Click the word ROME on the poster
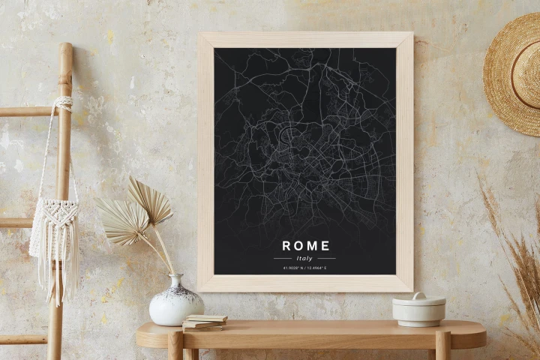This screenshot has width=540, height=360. [305, 245]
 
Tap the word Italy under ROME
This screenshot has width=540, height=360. [305, 258]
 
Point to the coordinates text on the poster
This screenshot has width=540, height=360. [305, 268]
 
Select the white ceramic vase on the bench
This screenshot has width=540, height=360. [176, 303]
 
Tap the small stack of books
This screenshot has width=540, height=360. [204, 322]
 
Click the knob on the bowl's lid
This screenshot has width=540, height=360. [418, 295]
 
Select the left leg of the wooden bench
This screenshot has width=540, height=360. [175, 346]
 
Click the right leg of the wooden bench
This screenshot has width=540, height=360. [442, 346]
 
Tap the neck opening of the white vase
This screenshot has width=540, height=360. [175, 277]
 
